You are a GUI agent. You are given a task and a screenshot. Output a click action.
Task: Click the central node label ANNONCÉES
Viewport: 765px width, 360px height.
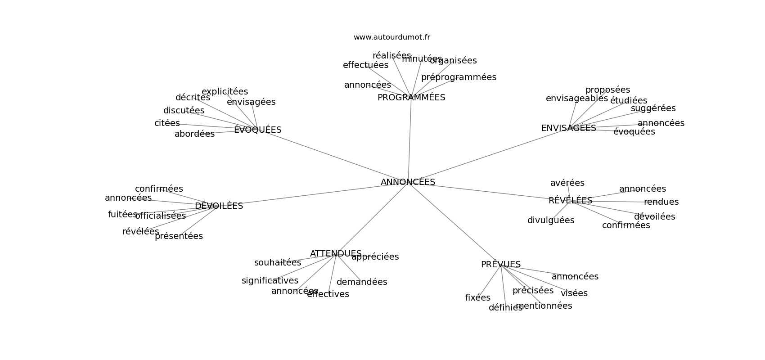[x=408, y=182]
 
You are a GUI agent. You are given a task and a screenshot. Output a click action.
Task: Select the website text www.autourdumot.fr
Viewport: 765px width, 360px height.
[x=391, y=37]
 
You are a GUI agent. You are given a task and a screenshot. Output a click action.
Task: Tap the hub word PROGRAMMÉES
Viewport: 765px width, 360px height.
[x=411, y=98]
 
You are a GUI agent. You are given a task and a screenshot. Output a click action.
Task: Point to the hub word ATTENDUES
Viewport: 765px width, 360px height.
[x=335, y=254]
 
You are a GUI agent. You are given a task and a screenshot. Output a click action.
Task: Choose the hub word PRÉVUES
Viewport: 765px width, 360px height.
[x=500, y=265]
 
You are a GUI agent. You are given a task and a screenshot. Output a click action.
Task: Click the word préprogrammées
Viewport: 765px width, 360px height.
[x=459, y=77]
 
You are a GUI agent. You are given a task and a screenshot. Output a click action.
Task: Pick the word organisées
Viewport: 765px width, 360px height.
[x=453, y=61]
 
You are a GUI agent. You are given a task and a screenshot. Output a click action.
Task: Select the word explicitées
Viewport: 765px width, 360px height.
[x=225, y=92]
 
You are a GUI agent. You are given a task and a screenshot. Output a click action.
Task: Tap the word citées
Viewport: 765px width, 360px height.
[x=167, y=123]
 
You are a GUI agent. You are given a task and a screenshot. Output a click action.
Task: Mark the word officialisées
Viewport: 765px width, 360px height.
[x=160, y=216]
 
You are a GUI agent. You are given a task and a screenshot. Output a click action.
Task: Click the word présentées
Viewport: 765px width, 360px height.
[x=179, y=236]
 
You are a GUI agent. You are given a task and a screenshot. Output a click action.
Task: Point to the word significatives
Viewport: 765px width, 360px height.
[x=270, y=281]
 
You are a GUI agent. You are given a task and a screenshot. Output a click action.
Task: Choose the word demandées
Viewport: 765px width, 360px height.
[x=362, y=282]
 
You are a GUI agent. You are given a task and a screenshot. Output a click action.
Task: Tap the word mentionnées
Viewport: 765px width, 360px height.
[x=544, y=306]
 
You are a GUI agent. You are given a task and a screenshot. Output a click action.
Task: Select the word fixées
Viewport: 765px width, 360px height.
[x=477, y=298]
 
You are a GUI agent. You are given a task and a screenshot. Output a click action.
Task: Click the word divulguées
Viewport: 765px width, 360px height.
[x=551, y=220]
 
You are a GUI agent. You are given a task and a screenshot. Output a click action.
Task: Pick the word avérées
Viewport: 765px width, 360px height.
[x=567, y=183]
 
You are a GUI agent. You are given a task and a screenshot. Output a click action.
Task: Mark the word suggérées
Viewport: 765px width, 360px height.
[x=653, y=108]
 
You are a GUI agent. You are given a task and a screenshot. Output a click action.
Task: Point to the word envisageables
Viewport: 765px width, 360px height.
[x=576, y=99]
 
